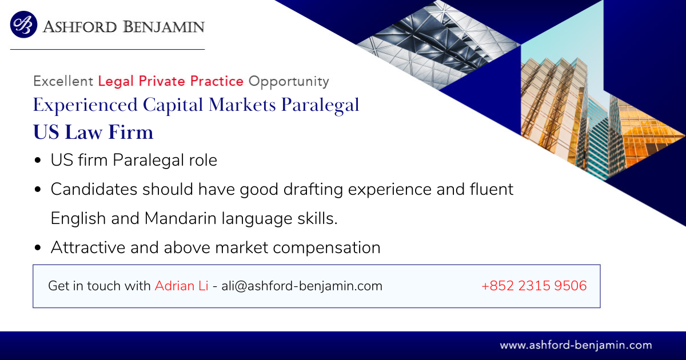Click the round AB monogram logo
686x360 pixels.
(23, 25)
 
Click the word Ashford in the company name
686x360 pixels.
(80, 27)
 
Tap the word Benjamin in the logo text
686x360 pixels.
(164, 27)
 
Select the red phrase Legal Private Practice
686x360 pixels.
(170, 81)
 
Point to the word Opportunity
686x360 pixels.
(289, 81)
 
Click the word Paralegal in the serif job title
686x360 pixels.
(320, 105)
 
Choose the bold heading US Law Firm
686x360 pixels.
(93, 132)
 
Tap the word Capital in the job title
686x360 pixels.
(173, 105)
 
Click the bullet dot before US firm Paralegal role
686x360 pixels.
(38, 160)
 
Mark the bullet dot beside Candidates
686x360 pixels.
(38, 189)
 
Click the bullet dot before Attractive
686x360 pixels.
(38, 247)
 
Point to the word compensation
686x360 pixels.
(326, 248)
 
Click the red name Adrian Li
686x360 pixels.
(182, 286)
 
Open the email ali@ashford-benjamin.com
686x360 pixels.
(302, 286)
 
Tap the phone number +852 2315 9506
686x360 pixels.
(534, 286)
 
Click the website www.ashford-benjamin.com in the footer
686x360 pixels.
(576, 346)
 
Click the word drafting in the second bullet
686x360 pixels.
(313, 190)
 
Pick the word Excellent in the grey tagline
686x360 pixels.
(63, 81)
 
